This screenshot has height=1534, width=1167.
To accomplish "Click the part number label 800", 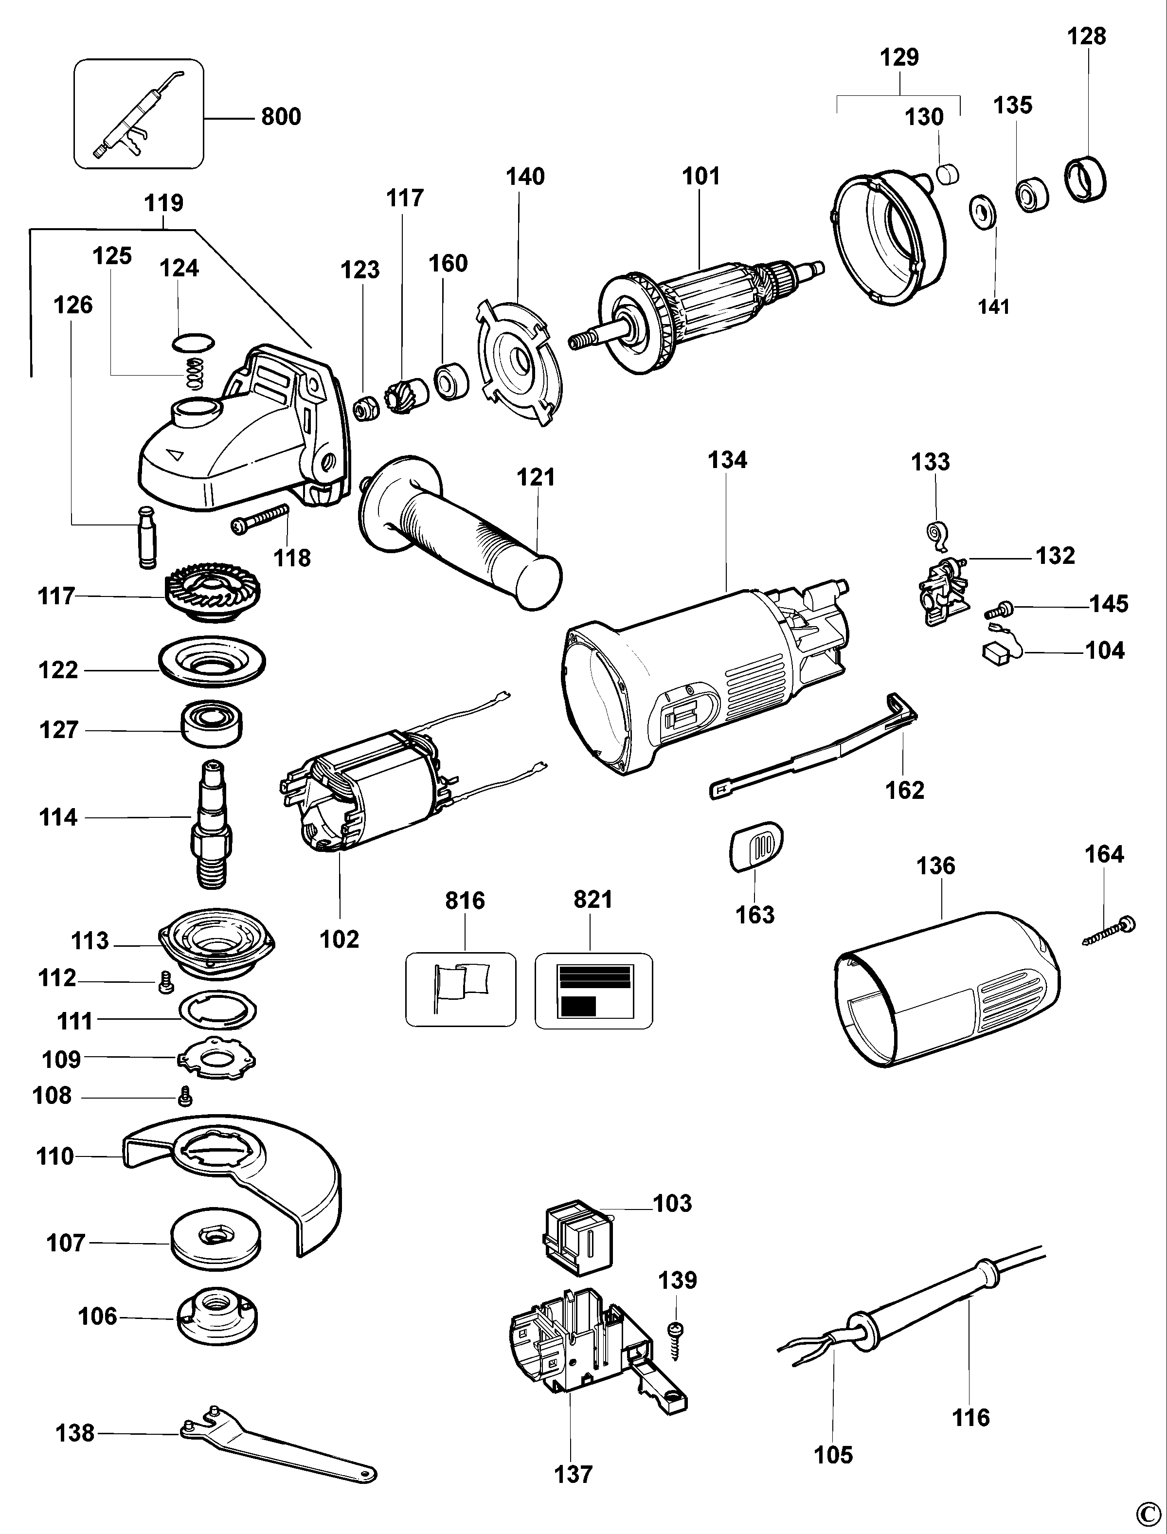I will pyautogui.click(x=281, y=117).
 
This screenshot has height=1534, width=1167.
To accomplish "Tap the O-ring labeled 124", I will pyautogui.click(x=193, y=342).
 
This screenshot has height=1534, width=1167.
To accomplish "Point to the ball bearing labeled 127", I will pyautogui.click(x=213, y=724).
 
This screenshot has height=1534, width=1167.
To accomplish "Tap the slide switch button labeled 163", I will pyautogui.click(x=756, y=846).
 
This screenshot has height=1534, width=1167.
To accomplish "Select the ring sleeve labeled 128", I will pyautogui.click(x=1085, y=180).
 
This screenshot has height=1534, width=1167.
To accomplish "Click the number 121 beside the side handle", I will pyautogui.click(x=536, y=477).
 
